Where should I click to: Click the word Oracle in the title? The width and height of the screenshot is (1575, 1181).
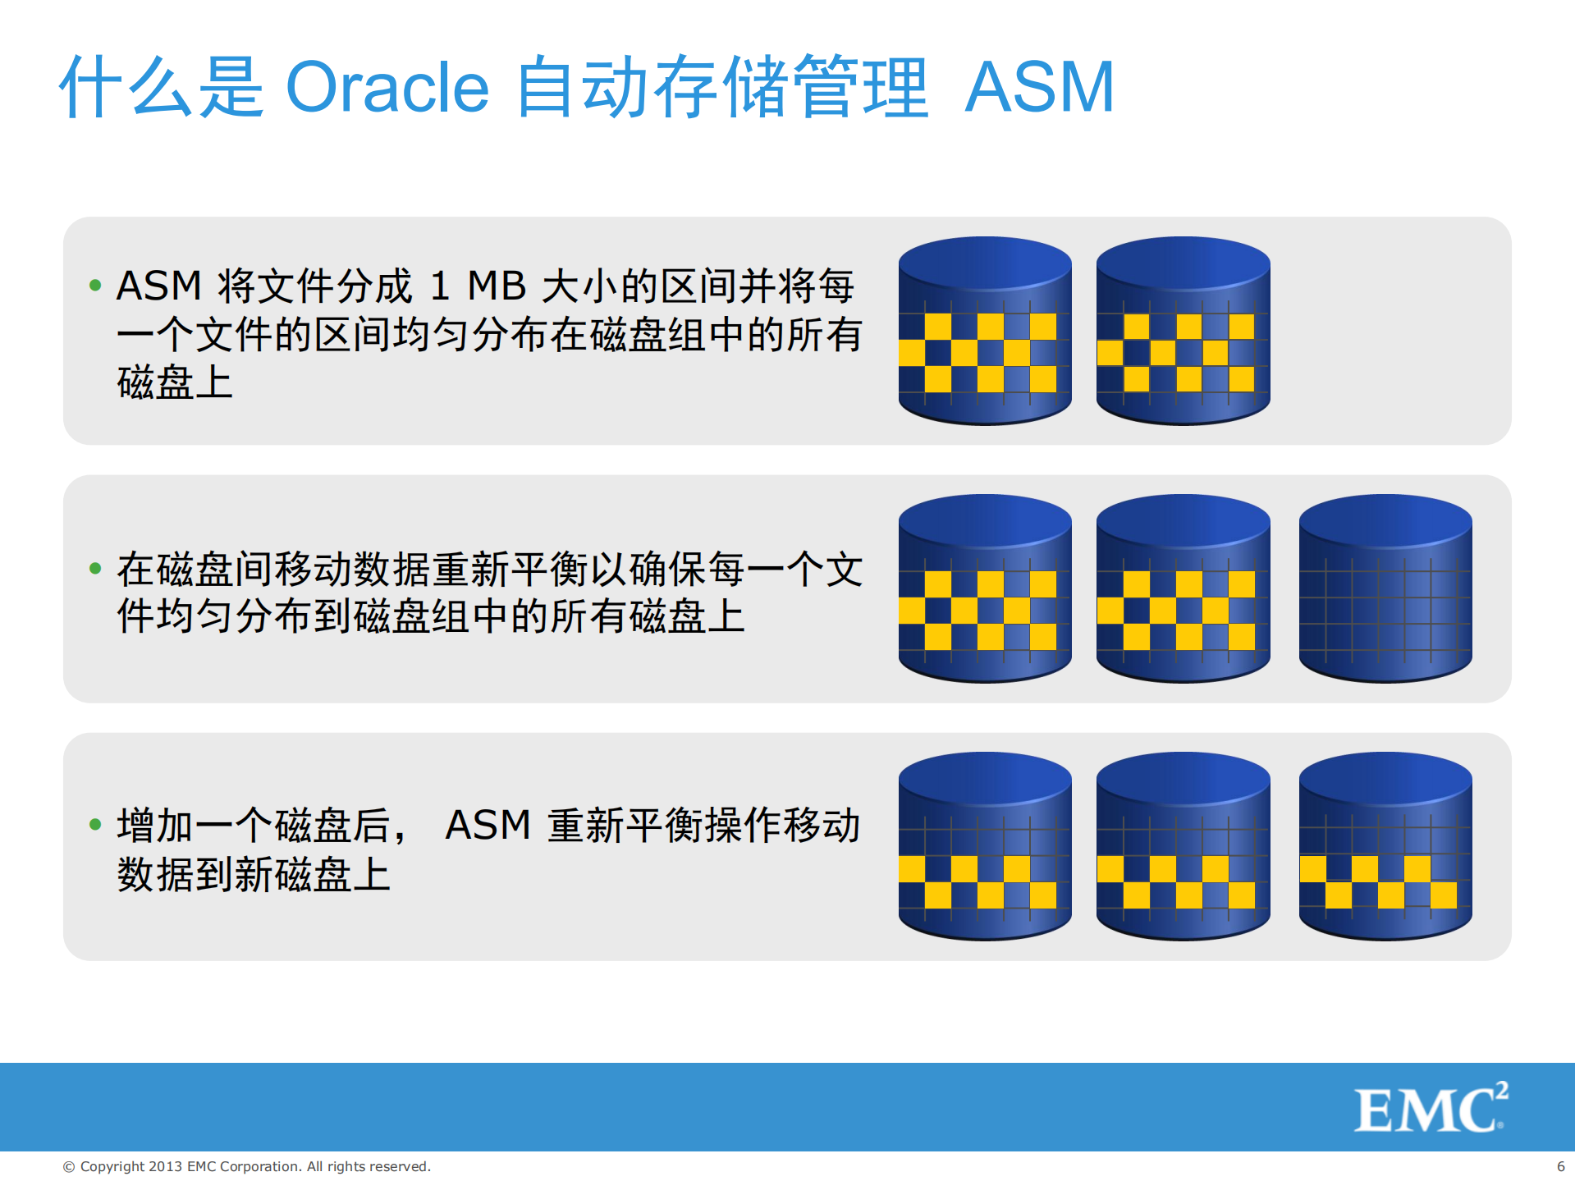tap(387, 88)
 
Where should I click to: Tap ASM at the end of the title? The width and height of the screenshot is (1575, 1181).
tap(1039, 88)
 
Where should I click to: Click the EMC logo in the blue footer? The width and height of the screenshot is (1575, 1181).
tap(1430, 1109)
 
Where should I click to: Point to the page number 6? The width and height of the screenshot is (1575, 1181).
tap(1560, 1166)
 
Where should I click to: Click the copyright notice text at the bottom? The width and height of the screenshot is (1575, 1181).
tap(247, 1166)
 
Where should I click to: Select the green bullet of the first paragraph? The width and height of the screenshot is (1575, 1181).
tap(95, 286)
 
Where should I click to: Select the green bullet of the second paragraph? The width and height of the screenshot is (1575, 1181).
tap(95, 568)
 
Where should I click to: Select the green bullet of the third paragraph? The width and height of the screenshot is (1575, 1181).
tap(95, 824)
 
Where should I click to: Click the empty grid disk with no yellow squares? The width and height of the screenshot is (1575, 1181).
tap(1385, 589)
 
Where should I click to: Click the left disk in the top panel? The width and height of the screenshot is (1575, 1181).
tap(985, 332)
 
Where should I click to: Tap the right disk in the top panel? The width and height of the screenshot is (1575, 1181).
tap(1183, 332)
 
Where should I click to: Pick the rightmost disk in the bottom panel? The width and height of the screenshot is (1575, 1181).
tap(1385, 847)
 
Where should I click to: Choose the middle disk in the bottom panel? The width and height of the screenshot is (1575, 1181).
tap(1183, 847)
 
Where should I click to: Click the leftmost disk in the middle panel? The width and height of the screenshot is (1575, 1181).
tap(985, 589)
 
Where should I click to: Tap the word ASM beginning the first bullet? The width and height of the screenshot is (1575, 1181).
tap(159, 286)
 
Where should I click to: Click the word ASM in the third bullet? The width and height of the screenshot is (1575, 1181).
tap(488, 825)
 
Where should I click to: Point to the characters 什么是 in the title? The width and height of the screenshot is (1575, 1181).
tap(162, 88)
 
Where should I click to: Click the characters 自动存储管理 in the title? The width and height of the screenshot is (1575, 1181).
tap(722, 88)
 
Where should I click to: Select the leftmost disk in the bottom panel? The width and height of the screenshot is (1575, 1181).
tap(985, 847)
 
